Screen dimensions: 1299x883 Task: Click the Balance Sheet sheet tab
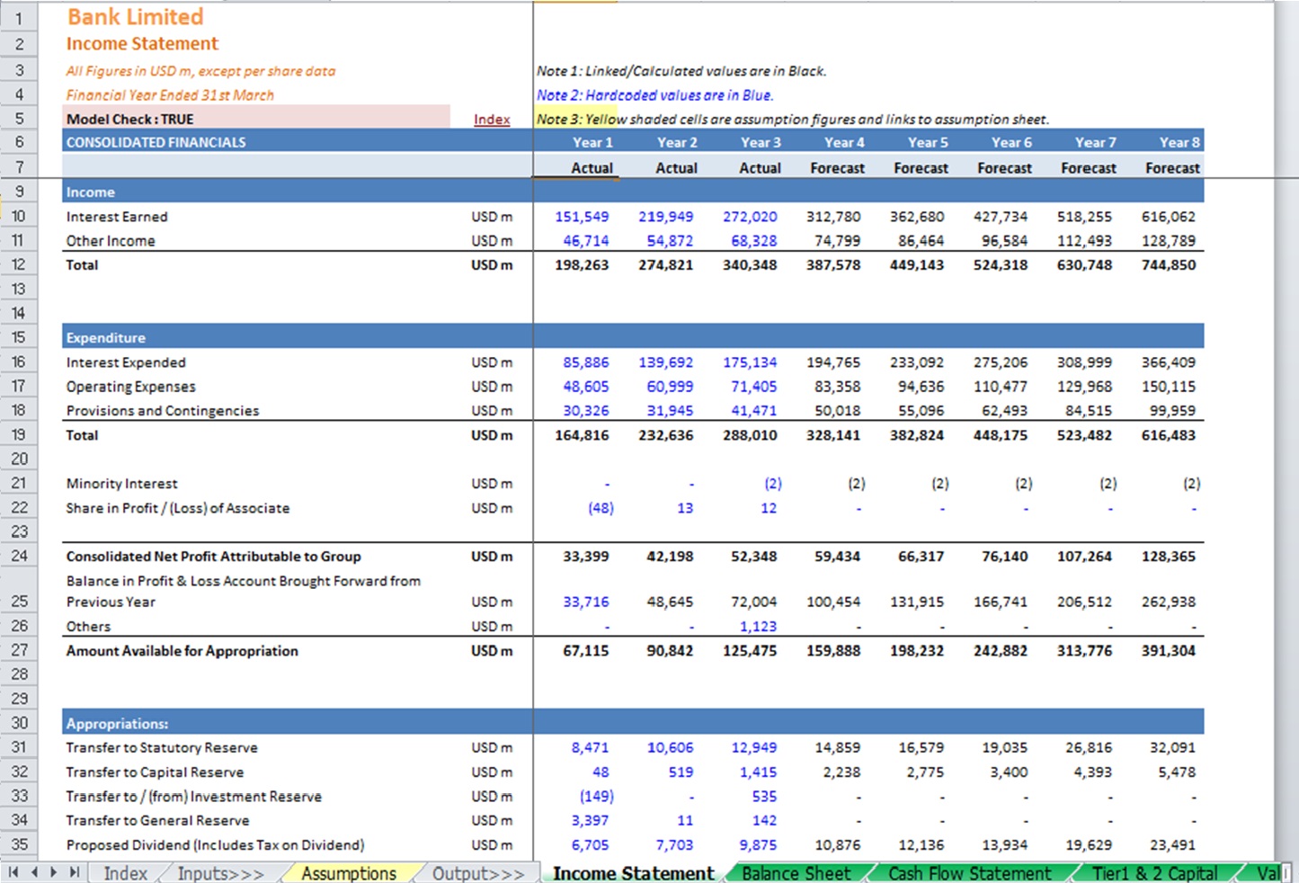(x=796, y=873)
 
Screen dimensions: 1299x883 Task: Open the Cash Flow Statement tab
(x=969, y=873)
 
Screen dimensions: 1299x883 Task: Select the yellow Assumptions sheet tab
(x=349, y=873)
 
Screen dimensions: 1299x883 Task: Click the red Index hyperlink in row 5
(x=492, y=119)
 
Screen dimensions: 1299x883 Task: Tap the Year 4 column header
(x=844, y=142)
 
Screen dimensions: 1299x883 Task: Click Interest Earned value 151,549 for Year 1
(x=582, y=217)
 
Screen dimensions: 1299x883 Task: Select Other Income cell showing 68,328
(x=753, y=241)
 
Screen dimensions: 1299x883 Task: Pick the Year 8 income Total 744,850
(x=1168, y=265)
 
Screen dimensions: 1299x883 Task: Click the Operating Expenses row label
(x=130, y=387)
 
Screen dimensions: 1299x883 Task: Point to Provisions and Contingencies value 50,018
(x=838, y=411)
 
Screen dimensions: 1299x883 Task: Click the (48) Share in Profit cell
(x=601, y=508)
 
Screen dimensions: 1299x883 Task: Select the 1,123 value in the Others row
(x=758, y=627)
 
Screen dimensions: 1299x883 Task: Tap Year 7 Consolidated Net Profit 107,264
(x=1084, y=557)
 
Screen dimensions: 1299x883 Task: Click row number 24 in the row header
(x=19, y=556)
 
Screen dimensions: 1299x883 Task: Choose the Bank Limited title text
(x=135, y=17)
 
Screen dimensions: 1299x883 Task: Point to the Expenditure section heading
(x=105, y=338)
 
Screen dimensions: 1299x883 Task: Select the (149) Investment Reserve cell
(x=597, y=797)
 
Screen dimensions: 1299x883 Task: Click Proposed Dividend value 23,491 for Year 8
(x=1172, y=845)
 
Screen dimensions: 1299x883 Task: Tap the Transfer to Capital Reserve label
(x=155, y=772)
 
